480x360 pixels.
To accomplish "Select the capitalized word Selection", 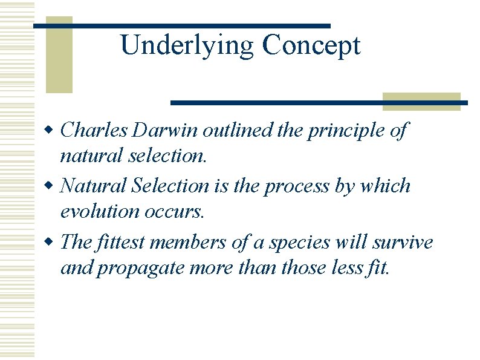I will point(169,185).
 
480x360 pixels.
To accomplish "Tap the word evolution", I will point(99,212).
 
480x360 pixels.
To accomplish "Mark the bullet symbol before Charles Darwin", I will point(51,130).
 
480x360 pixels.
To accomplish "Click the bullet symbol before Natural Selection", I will point(51,186).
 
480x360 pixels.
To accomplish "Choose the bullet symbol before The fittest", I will point(51,243).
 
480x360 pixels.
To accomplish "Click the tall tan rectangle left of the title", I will point(59,54).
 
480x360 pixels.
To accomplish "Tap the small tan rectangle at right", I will point(421,101).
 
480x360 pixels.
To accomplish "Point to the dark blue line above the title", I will point(181,26).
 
